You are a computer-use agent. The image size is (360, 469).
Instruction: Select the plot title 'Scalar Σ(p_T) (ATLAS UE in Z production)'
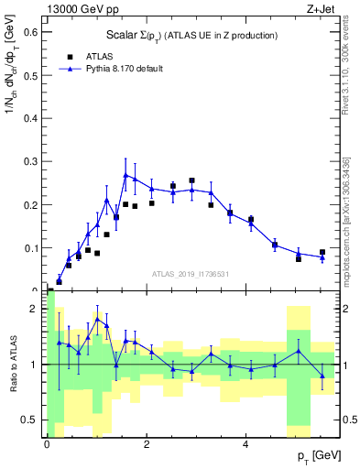pyautogui.click(x=189, y=35)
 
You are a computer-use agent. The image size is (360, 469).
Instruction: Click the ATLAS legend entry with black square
pyautogui.click(x=93, y=55)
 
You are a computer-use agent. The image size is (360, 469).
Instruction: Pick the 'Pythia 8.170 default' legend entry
pyautogui.click(x=115, y=68)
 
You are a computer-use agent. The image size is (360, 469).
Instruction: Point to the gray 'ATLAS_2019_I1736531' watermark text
pyautogui.click(x=191, y=274)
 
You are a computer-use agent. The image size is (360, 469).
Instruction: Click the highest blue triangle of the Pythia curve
pyautogui.click(x=125, y=174)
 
